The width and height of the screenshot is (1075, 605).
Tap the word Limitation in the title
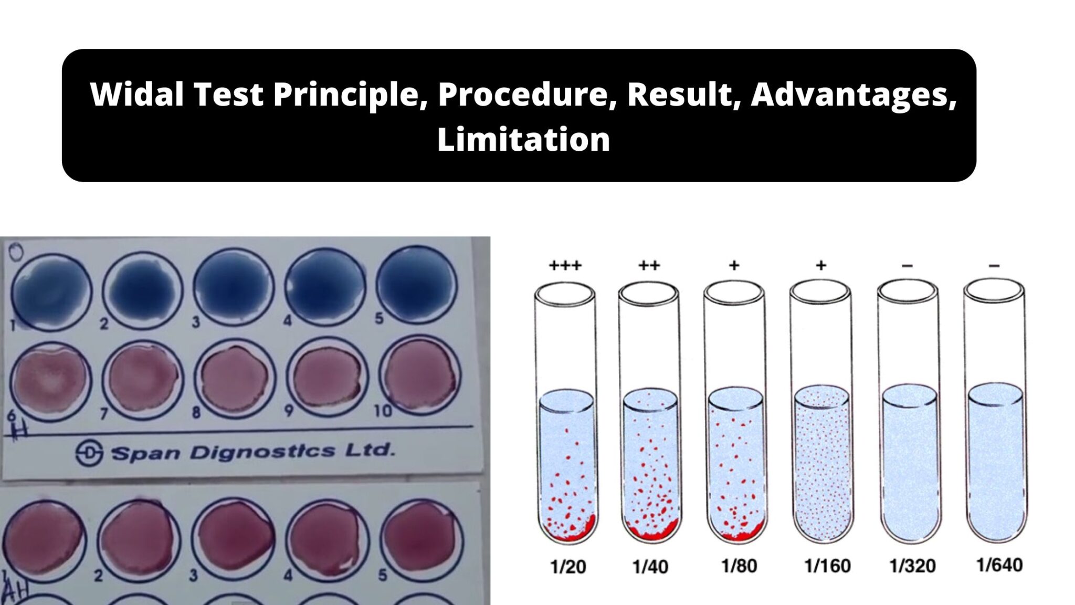click(523, 140)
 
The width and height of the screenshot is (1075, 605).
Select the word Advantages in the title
click(853, 95)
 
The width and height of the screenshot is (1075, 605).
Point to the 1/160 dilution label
click(827, 566)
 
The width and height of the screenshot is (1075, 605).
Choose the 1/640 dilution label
click(999, 565)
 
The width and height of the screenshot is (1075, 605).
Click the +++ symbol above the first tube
click(565, 266)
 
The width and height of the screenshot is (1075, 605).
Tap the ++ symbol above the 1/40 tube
click(649, 266)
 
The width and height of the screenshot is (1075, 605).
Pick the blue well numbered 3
click(234, 287)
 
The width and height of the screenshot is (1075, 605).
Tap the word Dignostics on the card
click(262, 452)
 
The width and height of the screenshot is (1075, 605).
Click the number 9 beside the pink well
click(289, 410)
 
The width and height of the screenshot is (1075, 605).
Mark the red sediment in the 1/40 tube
click(650, 533)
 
